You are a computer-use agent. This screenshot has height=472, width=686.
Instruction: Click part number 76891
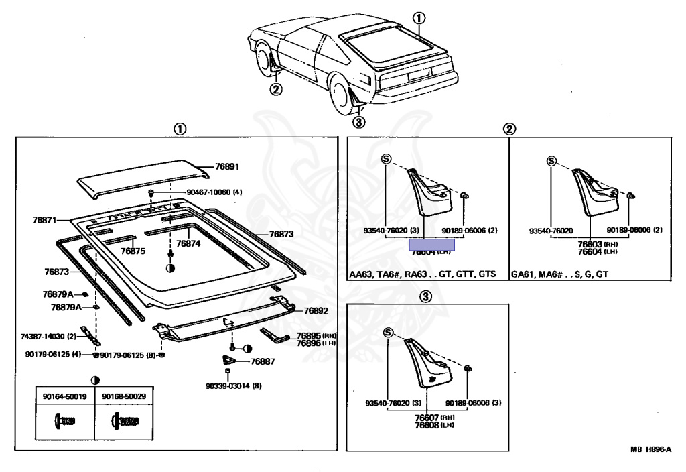pyautogui.click(x=226, y=166)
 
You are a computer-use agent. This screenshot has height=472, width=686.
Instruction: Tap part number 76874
pyautogui.click(x=187, y=244)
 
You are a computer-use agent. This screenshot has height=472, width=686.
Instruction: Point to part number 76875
pyautogui.click(x=133, y=251)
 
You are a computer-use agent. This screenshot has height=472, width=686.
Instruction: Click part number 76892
pyautogui.click(x=316, y=311)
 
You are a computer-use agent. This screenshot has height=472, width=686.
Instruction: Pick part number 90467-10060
pyautogui.click(x=214, y=192)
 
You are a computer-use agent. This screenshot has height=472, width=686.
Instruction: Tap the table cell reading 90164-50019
pyautogui.click(x=64, y=397)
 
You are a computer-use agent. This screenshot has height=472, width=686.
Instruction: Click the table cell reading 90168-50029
pyautogui.click(x=124, y=397)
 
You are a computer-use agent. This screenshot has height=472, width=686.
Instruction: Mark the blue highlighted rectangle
pyautogui.click(x=432, y=244)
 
